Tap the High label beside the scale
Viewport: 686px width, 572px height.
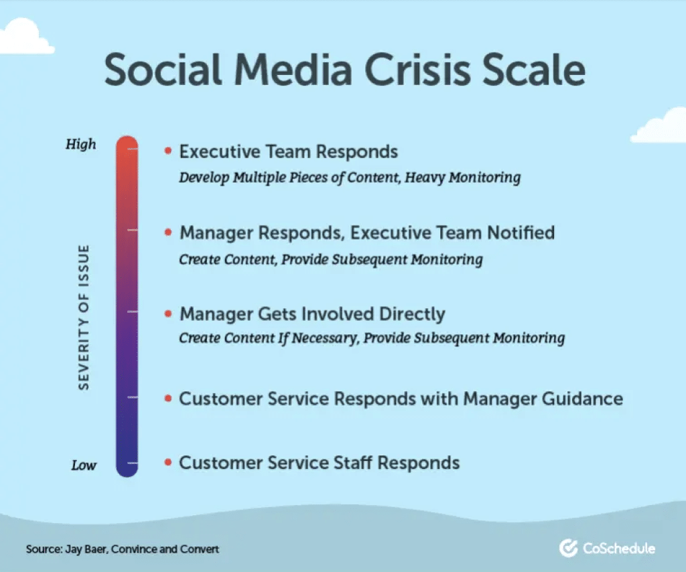[81, 144]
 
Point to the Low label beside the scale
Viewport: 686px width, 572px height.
[83, 465]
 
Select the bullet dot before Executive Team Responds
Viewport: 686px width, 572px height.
[167, 151]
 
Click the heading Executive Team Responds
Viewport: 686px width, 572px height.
[288, 152]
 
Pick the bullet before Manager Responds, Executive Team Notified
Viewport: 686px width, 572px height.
[167, 232]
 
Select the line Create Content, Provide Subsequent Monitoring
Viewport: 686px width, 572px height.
[330, 259]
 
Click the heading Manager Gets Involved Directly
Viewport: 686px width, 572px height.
[312, 313]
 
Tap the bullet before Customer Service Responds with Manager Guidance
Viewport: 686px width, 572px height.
[167, 399]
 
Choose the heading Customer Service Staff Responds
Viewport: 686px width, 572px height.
[319, 463]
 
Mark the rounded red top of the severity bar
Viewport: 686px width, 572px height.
[127, 143]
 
